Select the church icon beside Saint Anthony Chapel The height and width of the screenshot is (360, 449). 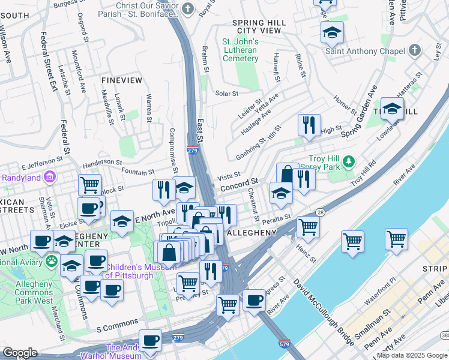pyautogui.click(x=415, y=51)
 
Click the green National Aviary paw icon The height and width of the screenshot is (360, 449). pyautogui.click(x=52, y=262)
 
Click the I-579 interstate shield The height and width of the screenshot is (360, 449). pyautogui.click(x=285, y=344)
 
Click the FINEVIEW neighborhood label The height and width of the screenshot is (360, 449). pyautogui.click(x=122, y=80)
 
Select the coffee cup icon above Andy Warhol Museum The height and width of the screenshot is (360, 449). pyautogui.click(x=150, y=340)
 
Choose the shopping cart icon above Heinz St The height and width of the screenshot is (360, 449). pyautogui.click(x=308, y=227)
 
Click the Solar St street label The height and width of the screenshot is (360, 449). pyautogui.click(x=227, y=94)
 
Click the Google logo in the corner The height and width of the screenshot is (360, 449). pyautogui.click(x=20, y=353)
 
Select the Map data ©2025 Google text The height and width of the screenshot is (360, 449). pyautogui.click(x=411, y=355)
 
